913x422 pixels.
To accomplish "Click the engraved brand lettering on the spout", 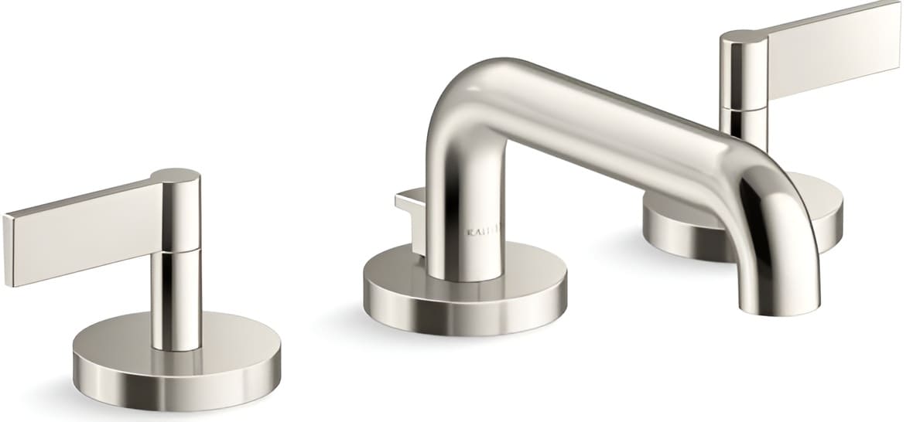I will [483, 230].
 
